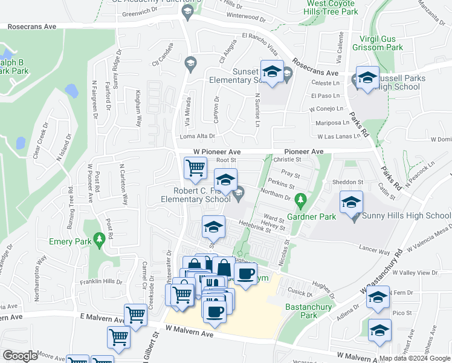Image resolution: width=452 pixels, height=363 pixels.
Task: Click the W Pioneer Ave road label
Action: coord(217,152)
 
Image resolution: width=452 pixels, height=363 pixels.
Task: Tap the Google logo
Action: coord(21,356)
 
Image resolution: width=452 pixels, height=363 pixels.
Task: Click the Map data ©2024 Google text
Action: coord(415,358)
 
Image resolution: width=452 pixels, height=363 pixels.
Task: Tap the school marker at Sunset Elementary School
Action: coord(272,72)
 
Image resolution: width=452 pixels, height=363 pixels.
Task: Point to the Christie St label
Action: coord(287,160)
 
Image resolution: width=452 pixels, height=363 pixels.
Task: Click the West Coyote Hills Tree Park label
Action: coord(331,7)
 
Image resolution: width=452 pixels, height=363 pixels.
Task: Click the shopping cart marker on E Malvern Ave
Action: coord(136,315)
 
